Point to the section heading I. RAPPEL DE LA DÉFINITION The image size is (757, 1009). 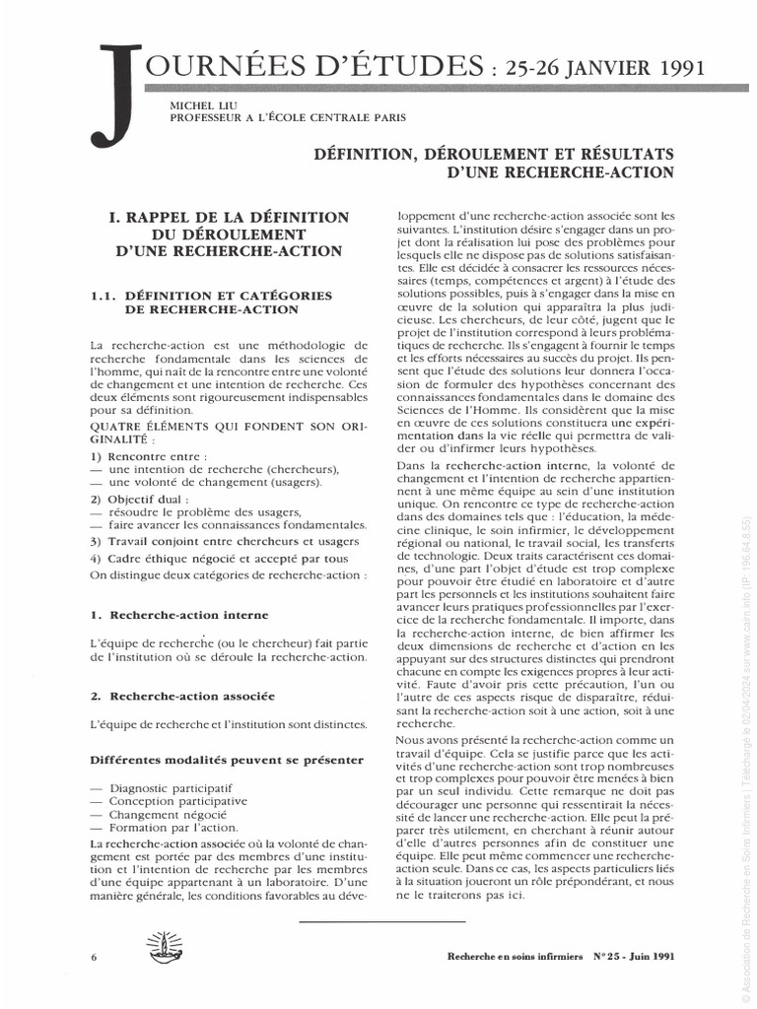[x=229, y=216]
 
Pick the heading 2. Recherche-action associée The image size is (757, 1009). [x=182, y=696]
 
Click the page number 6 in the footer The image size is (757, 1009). [x=93, y=957]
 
